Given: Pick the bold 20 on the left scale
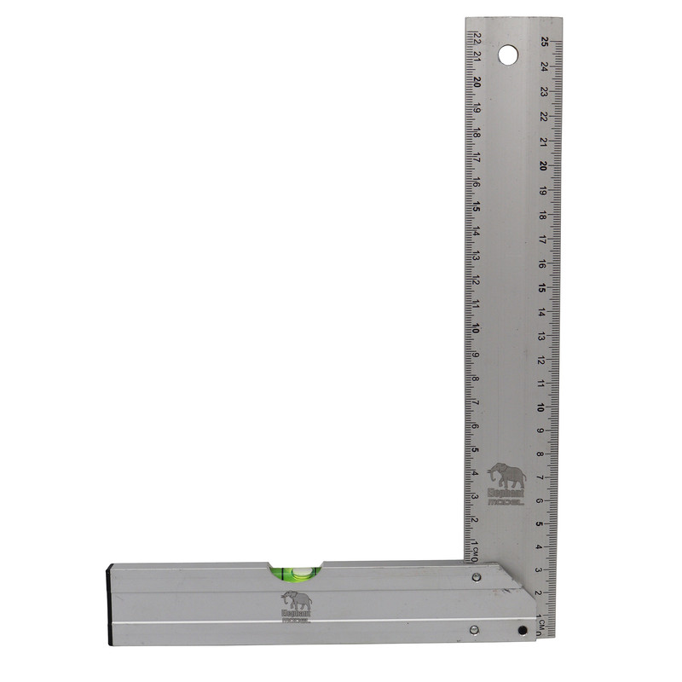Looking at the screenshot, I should (477, 84).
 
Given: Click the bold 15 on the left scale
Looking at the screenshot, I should (477, 207).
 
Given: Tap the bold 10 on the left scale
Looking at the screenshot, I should (477, 329).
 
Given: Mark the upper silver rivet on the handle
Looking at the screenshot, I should (476, 578).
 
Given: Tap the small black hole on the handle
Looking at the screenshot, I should (522, 632).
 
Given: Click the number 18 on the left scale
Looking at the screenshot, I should (477, 134).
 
